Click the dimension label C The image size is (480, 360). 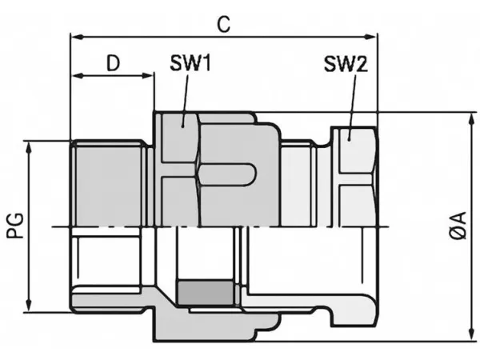pyautogui.click(x=224, y=25)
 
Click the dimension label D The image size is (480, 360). pyautogui.click(x=114, y=63)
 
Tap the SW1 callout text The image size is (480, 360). pyautogui.click(x=190, y=63)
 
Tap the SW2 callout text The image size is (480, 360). pyautogui.click(x=346, y=64)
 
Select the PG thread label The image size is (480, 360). pyautogui.click(x=15, y=226)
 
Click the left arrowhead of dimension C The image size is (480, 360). pyautogui.click(x=76, y=37)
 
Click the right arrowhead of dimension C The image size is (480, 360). pyautogui.click(x=371, y=37)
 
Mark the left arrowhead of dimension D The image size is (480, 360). pyautogui.click(x=77, y=76)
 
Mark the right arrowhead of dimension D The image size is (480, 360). pyautogui.click(x=147, y=76)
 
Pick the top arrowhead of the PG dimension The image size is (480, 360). pyautogui.click(x=29, y=147)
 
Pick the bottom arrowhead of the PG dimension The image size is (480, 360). pyautogui.click(x=29, y=306)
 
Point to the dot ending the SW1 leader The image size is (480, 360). pyautogui.click(x=182, y=126)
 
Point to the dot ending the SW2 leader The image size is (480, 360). pyautogui.click(x=349, y=139)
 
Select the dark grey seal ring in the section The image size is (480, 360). pyautogui.click(x=205, y=293)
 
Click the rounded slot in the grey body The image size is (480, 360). pyautogui.click(x=227, y=175)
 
